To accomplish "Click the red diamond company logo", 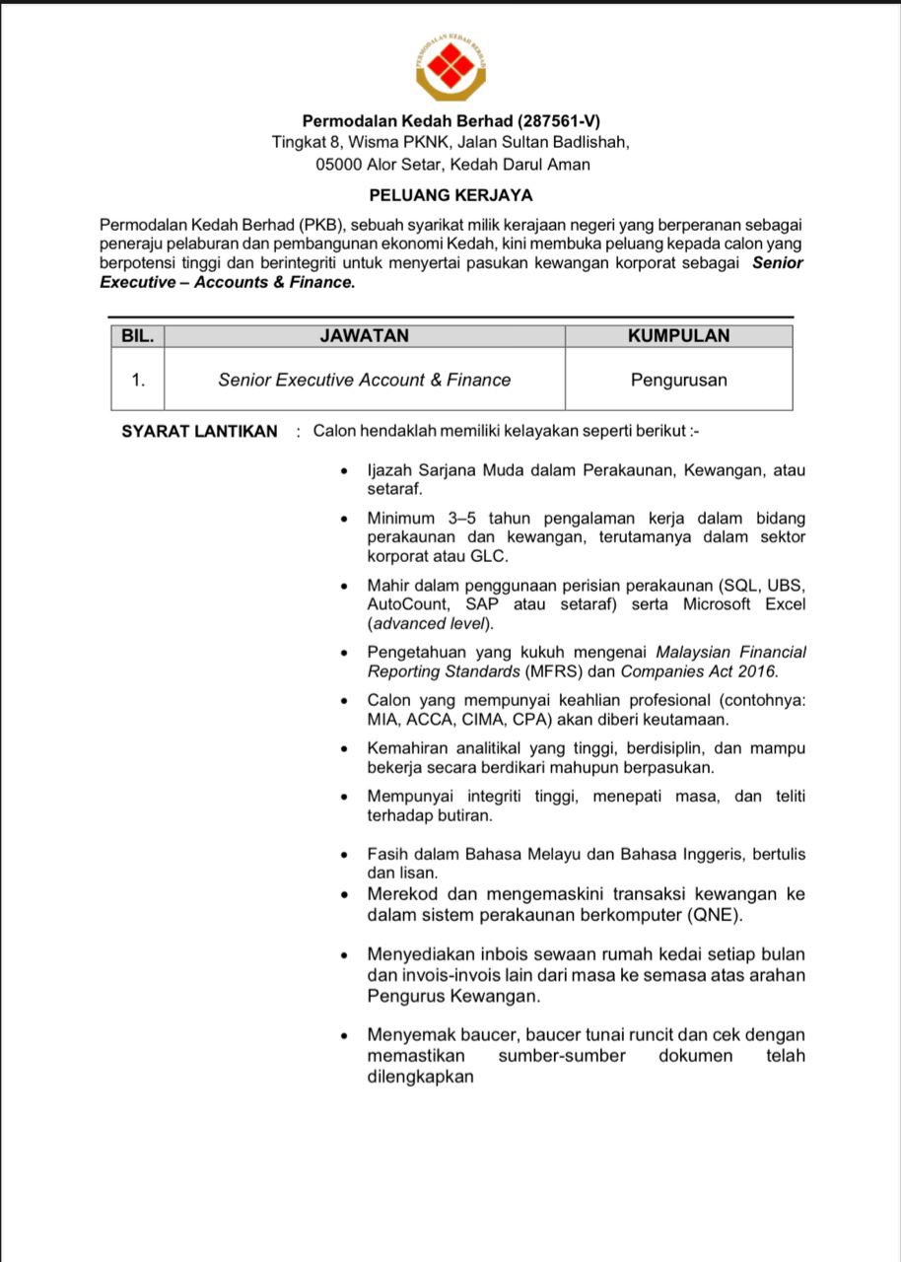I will [450, 64].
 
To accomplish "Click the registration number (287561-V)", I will [558, 121].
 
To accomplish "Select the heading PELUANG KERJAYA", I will [450, 195].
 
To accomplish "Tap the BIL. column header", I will [137, 335].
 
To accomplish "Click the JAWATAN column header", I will [364, 335].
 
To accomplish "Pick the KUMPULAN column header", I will [678, 335].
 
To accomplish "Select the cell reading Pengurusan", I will [678, 380].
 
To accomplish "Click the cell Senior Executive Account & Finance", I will [364, 380].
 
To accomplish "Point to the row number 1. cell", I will [138, 380].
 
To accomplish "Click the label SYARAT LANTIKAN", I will [199, 431].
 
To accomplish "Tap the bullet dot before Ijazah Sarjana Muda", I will [343, 470].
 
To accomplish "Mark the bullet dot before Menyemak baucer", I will [343, 1035].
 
